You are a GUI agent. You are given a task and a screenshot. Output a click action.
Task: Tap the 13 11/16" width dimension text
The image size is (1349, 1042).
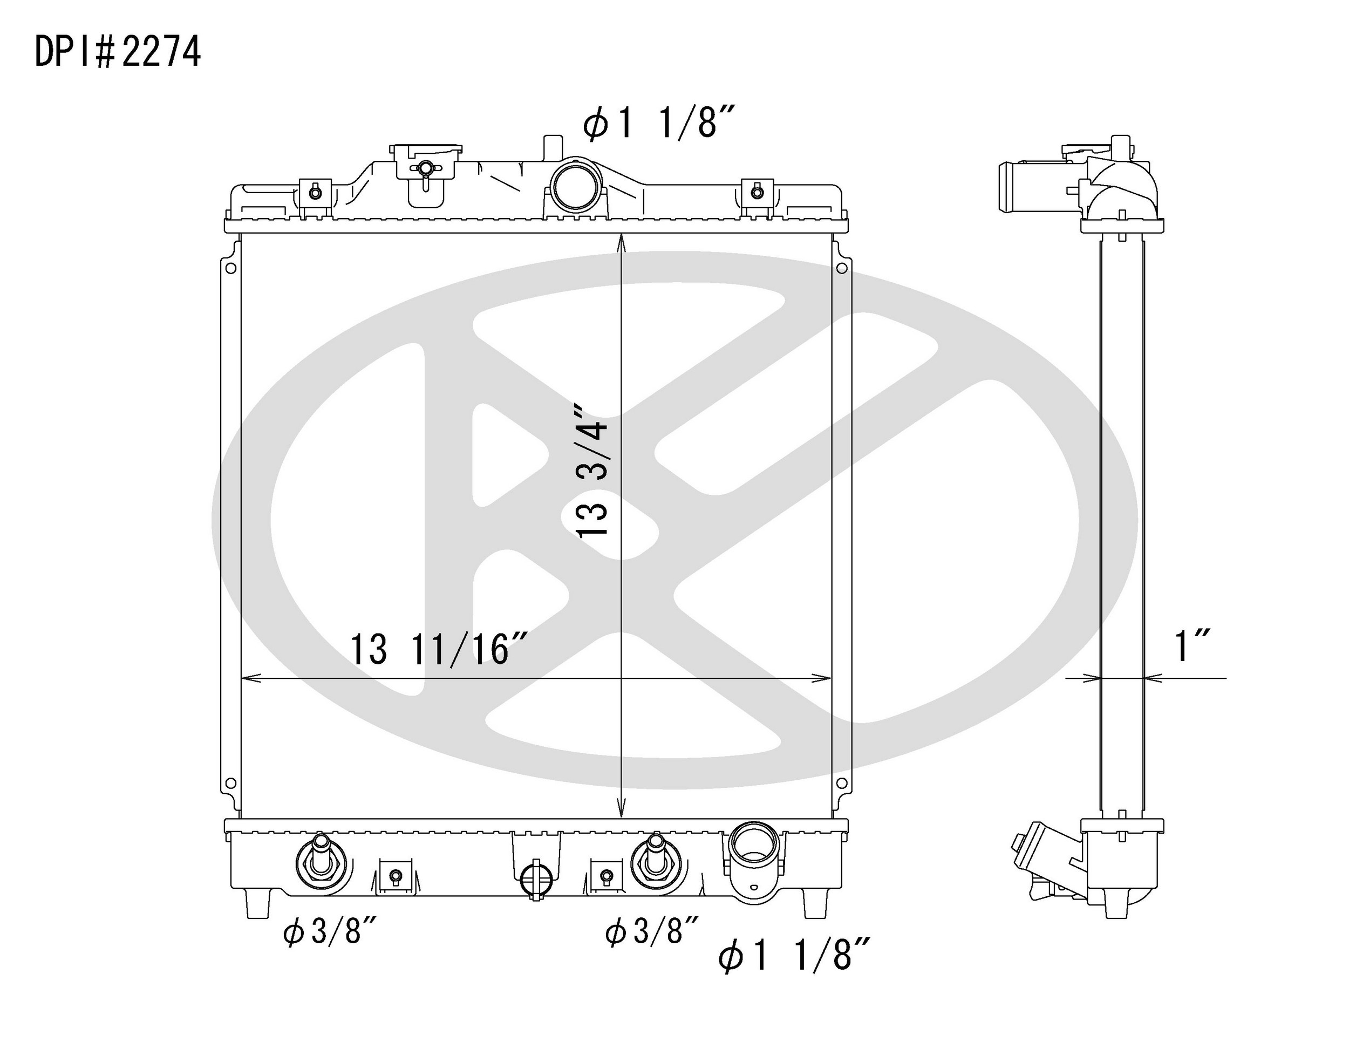439,649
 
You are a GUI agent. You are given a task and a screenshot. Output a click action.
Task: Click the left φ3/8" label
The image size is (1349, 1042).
330,931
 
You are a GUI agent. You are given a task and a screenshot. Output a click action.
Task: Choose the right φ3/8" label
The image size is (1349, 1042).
652,931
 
